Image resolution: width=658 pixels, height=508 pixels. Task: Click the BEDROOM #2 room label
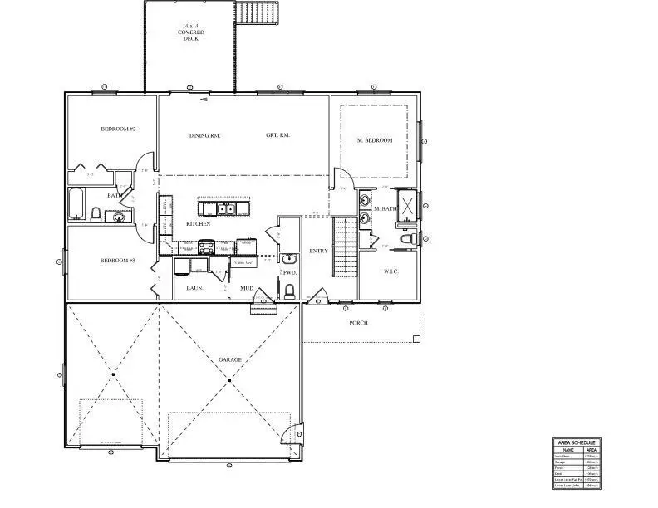[x=118, y=129]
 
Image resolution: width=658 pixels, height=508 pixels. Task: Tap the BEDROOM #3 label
[x=118, y=261]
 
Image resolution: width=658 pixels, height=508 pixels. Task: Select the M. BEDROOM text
[x=374, y=141]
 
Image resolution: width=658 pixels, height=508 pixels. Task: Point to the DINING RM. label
[x=204, y=135]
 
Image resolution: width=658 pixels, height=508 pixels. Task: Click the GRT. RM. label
[x=277, y=135]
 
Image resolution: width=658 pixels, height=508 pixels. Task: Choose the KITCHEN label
[x=198, y=224]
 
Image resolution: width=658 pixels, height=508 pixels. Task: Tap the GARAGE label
[x=230, y=359]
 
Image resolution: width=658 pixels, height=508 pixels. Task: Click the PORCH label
[x=358, y=323]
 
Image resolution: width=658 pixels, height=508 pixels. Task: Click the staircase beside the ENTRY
[x=344, y=246]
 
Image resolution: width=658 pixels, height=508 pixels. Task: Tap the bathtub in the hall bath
[x=76, y=203]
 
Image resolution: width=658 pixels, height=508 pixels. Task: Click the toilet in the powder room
[x=289, y=291]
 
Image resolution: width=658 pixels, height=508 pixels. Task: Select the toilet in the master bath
[x=406, y=239]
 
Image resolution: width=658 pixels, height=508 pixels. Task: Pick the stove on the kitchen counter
[x=204, y=246]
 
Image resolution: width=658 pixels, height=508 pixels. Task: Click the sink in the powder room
[x=288, y=259]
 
